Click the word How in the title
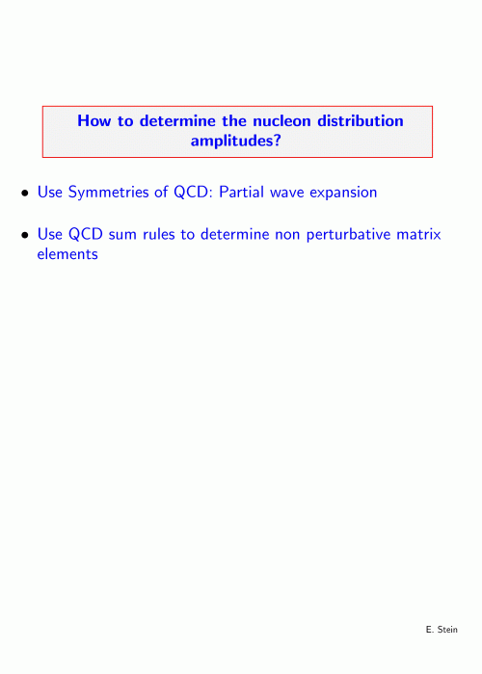(94, 120)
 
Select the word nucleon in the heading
(281, 120)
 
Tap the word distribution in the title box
(361, 120)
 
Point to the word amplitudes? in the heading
(236, 141)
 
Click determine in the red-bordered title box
(177, 120)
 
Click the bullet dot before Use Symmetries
(25, 194)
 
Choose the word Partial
(241, 192)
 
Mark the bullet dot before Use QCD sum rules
(25, 235)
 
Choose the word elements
(67, 254)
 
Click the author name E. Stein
(442, 630)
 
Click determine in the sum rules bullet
(234, 234)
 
